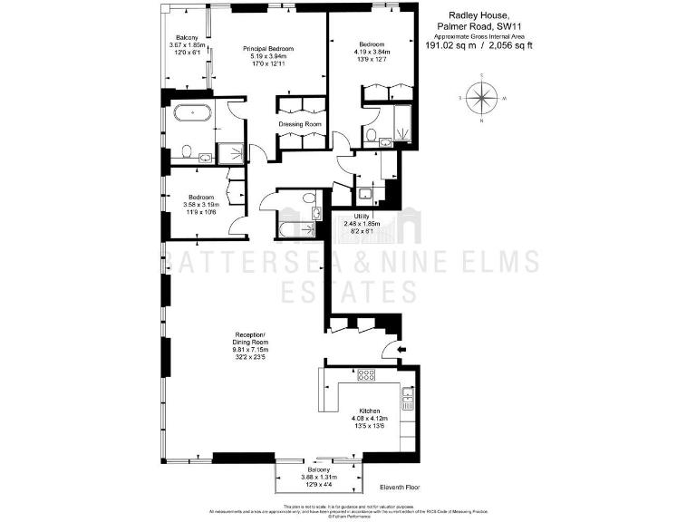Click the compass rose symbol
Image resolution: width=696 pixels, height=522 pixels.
pyautogui.click(x=481, y=97)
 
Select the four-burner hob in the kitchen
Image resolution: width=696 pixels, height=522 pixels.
pyautogui.click(x=367, y=374)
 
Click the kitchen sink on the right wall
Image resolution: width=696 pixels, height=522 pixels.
pyautogui.click(x=409, y=395)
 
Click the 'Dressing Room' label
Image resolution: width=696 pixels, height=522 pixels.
pyautogui.click(x=299, y=123)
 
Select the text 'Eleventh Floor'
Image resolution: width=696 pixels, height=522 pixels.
pyautogui.click(x=398, y=488)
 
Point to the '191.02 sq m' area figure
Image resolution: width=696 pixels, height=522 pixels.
pyautogui.click(x=450, y=44)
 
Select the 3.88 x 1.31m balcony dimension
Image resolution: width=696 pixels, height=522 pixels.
pyautogui.click(x=318, y=477)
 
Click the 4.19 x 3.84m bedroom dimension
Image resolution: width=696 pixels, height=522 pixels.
pyautogui.click(x=371, y=52)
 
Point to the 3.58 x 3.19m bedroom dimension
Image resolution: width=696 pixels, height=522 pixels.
pyautogui.click(x=200, y=205)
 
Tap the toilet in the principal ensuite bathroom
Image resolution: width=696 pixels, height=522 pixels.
pyautogui.click(x=186, y=151)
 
